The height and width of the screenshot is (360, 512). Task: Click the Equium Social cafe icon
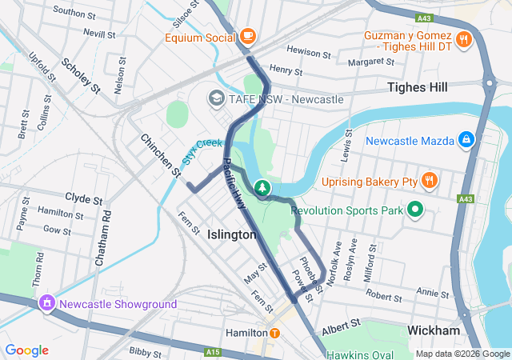click(x=247, y=36)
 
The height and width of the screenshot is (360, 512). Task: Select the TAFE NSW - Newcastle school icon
click(x=215, y=98)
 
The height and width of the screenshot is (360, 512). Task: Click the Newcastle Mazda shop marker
click(x=467, y=141)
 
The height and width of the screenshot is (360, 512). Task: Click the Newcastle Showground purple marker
click(x=47, y=304)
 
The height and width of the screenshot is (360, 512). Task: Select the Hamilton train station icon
click(x=274, y=332)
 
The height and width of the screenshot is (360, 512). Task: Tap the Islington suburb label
click(x=232, y=234)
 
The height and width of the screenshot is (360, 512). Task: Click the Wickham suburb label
click(x=433, y=330)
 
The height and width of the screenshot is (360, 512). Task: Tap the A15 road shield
click(x=212, y=351)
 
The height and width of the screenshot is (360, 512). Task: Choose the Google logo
click(x=26, y=350)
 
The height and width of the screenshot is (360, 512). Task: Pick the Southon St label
click(x=74, y=12)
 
